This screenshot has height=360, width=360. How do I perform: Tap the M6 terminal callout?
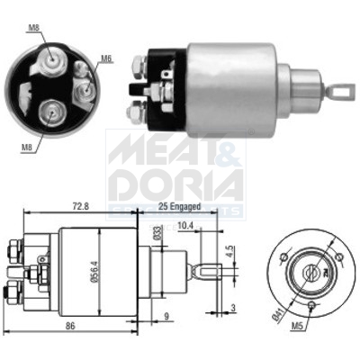(106, 58)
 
